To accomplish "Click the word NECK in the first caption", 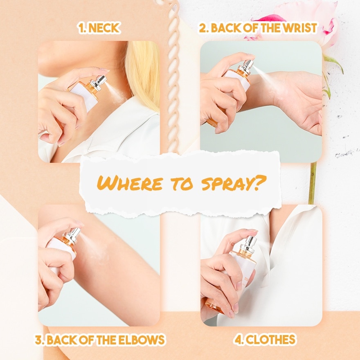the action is pos(104,28).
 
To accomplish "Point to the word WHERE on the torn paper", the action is pos(130,183).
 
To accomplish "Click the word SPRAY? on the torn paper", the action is pos(234,183).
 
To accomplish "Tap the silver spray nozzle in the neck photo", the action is pos(99,83).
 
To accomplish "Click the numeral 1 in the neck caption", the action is pos(81,28).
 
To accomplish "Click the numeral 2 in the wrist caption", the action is pos(203,28).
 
